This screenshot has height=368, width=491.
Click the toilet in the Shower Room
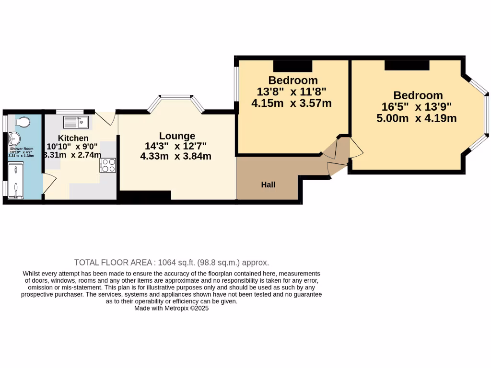pyautogui.click(x=20, y=122)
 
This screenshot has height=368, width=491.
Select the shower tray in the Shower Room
pyautogui.click(x=16, y=180)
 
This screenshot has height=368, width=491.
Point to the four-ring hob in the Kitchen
pyautogui.click(x=108, y=165)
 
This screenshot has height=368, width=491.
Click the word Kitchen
pyautogui.click(x=73, y=138)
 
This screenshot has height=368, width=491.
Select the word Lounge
pyautogui.click(x=177, y=136)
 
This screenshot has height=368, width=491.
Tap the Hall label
pyautogui.click(x=268, y=184)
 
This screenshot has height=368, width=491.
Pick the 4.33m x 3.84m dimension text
pyautogui.click(x=176, y=156)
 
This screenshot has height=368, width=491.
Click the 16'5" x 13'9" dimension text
pyautogui.click(x=416, y=107)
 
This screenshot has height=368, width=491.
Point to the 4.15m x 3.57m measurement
pyautogui.click(x=292, y=103)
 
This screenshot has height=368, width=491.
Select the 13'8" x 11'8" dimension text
pyautogui.click(x=292, y=91)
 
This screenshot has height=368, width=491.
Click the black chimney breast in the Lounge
pyautogui.click(x=145, y=195)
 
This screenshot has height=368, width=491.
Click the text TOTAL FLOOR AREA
pyautogui.click(x=113, y=263)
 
